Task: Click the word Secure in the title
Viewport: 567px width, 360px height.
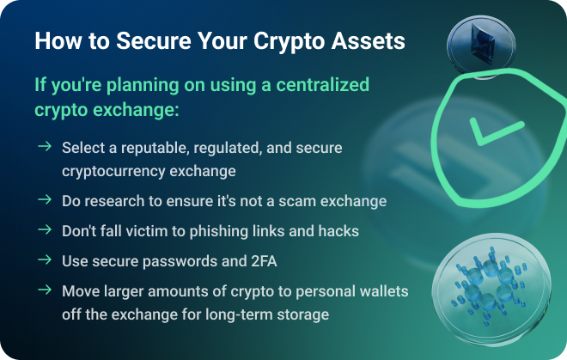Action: pos(154,40)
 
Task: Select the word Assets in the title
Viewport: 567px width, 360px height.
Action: pos(368,40)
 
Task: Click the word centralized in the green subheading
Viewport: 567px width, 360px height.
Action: pos(322,85)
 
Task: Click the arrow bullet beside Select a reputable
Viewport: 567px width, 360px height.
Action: pos(45,146)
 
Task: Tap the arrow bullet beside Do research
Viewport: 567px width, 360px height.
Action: pos(45,199)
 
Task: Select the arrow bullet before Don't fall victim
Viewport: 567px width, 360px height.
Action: pos(45,229)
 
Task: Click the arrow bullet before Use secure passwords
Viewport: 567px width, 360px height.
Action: pos(45,259)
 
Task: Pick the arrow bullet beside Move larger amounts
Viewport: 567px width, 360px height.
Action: pos(45,290)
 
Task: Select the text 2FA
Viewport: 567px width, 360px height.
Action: pos(264,261)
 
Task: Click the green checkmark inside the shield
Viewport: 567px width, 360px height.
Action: pos(497,131)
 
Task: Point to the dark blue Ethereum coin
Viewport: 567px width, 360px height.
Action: pos(481,46)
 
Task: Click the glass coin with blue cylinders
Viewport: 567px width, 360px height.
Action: pos(491,288)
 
